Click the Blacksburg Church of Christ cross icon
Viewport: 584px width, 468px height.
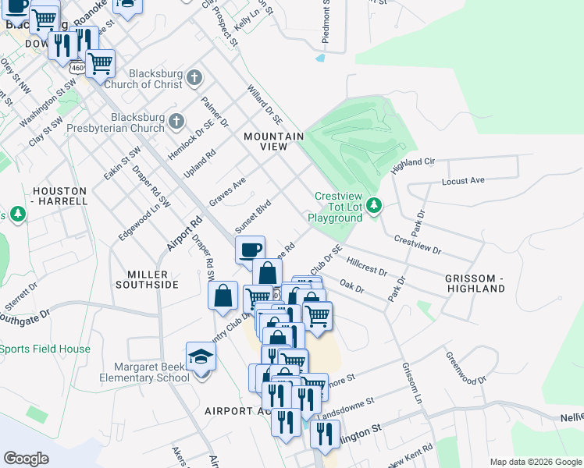point(194,79)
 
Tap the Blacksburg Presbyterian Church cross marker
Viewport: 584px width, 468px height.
point(177,122)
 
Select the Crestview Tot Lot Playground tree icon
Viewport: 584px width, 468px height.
point(376,205)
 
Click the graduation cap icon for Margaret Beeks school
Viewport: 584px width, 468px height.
point(201,358)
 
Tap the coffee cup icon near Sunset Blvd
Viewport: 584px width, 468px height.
point(251,250)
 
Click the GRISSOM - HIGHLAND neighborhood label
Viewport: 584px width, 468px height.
point(475,283)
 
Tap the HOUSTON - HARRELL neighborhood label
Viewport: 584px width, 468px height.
point(59,196)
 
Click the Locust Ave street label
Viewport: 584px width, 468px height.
point(463,180)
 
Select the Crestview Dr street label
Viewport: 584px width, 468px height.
point(418,246)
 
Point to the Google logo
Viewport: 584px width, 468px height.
point(26,458)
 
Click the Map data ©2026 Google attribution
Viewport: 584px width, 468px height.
point(536,462)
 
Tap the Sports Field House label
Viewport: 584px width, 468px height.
point(45,349)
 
